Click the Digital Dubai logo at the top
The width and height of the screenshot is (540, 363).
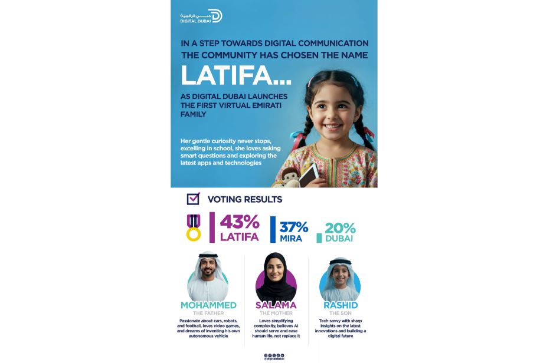201,16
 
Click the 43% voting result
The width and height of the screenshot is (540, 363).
240,222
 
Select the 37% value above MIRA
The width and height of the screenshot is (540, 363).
294,227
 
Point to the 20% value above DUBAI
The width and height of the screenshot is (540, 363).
340,228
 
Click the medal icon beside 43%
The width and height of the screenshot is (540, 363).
194,227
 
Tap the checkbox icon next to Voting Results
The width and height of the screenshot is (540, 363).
193,199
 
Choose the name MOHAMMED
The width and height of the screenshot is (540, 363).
208,305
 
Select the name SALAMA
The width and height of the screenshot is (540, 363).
276,305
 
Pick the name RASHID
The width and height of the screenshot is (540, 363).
340,305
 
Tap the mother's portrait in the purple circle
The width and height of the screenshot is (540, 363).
276,276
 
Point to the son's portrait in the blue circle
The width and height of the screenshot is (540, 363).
340,278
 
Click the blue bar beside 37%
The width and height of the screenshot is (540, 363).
273,229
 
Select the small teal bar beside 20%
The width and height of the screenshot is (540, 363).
319,238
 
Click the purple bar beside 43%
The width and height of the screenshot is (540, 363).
212,227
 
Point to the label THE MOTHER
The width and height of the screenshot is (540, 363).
276,313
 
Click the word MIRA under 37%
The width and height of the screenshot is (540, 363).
291,239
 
